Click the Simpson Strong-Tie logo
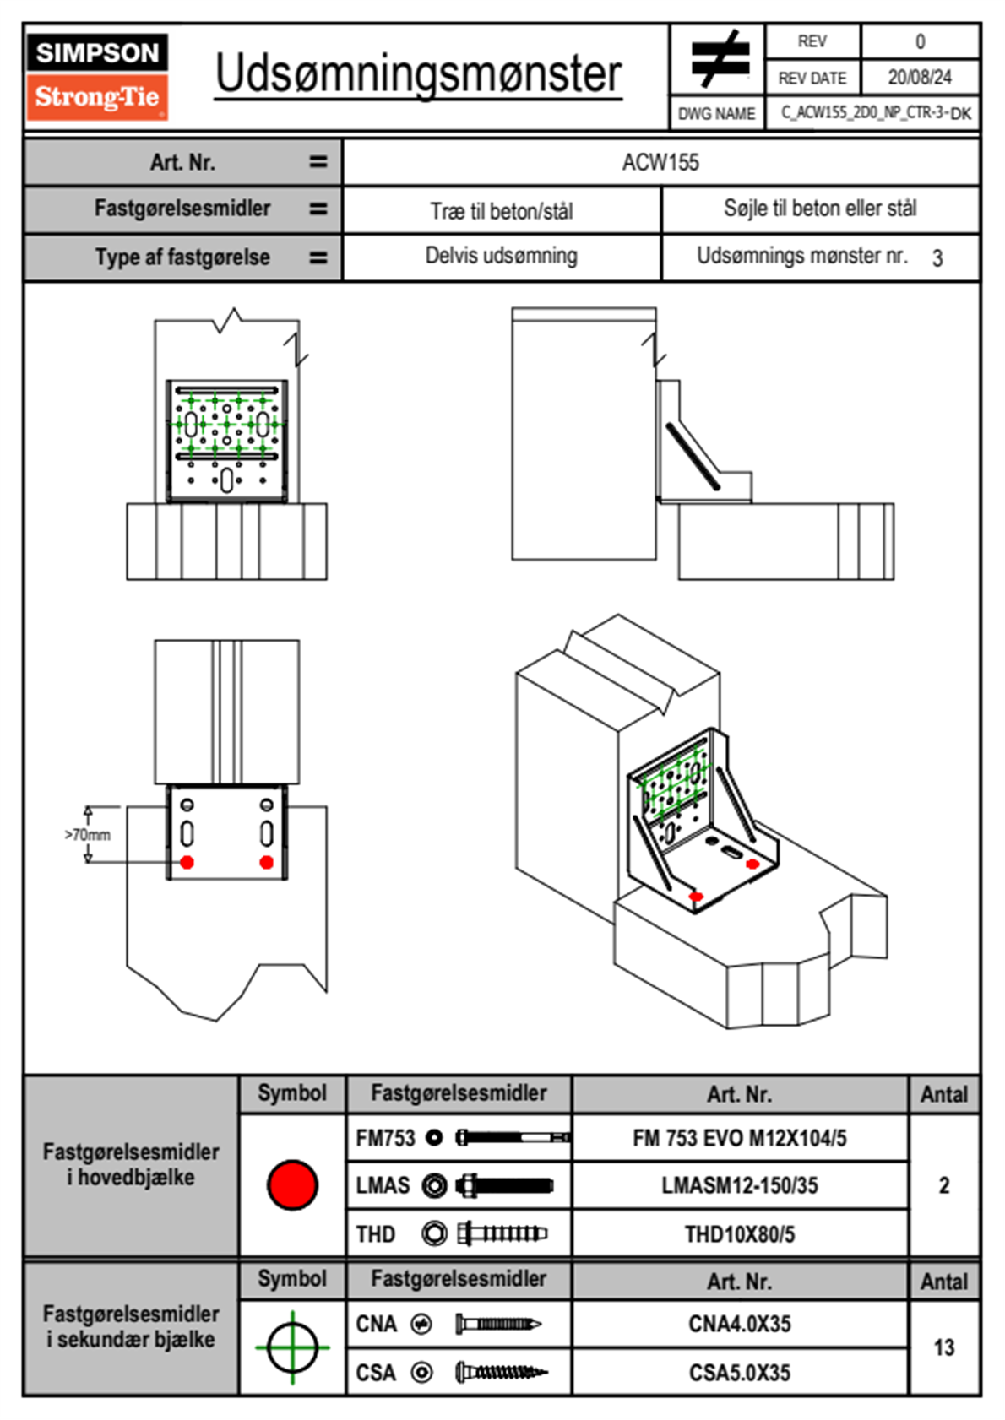tap(97, 77)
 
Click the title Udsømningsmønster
tap(418, 75)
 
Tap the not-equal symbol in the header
tap(720, 58)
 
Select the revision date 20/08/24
tap(920, 78)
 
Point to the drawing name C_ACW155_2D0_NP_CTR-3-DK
tap(876, 113)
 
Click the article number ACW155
tap(660, 162)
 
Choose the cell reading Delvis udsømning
tap(501, 256)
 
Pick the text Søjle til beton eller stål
tap(820, 208)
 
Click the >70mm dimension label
tap(87, 834)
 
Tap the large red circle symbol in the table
tap(292, 1184)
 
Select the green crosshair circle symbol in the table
tap(292, 1347)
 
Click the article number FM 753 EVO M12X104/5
tap(739, 1138)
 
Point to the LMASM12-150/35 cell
tap(739, 1184)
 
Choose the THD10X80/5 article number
tap(739, 1233)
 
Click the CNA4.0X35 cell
tap(739, 1324)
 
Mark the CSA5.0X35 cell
tap(739, 1373)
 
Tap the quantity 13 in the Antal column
tap(943, 1347)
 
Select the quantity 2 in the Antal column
tap(943, 1184)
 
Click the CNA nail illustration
tap(498, 1324)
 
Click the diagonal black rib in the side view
tap(693, 457)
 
